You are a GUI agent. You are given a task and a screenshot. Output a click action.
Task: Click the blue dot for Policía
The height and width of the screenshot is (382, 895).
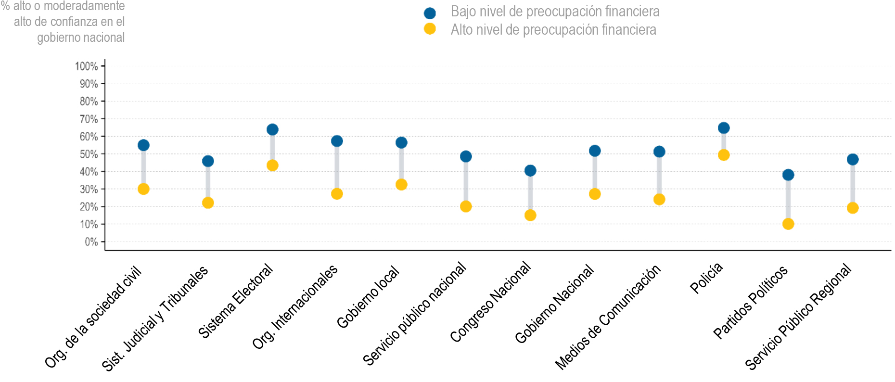click(723, 128)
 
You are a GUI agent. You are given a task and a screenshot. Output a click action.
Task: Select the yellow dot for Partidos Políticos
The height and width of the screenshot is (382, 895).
click(788, 224)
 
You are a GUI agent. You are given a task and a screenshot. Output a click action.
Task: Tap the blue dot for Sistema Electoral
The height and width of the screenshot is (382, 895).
click(272, 129)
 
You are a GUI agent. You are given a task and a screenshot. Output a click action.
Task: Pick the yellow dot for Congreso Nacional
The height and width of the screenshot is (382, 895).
click(530, 215)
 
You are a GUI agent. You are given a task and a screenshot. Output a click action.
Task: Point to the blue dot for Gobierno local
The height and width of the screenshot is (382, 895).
click(401, 142)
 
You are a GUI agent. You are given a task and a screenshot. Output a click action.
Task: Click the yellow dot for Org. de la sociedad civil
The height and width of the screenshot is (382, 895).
click(143, 189)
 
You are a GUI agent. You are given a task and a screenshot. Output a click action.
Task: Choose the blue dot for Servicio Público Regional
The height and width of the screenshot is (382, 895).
click(852, 159)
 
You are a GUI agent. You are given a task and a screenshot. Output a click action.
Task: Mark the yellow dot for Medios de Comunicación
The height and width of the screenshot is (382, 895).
click(659, 199)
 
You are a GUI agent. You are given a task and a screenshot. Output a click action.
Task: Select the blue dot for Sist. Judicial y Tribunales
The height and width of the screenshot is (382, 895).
click(208, 161)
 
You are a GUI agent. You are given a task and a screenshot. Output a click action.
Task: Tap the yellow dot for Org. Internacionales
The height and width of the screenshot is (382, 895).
click(337, 194)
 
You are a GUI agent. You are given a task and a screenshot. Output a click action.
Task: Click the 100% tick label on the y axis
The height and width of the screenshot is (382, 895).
click(87, 66)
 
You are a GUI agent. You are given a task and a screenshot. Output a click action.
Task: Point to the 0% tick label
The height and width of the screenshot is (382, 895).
click(91, 242)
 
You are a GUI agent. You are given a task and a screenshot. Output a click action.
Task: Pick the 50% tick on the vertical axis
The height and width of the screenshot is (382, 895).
click(89, 154)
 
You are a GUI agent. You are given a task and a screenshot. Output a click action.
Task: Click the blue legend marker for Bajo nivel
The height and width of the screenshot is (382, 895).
click(430, 13)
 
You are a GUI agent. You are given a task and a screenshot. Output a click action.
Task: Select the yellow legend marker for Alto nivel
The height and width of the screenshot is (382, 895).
click(430, 29)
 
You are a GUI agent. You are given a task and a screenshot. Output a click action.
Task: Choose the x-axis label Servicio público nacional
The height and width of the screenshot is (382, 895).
click(415, 314)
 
